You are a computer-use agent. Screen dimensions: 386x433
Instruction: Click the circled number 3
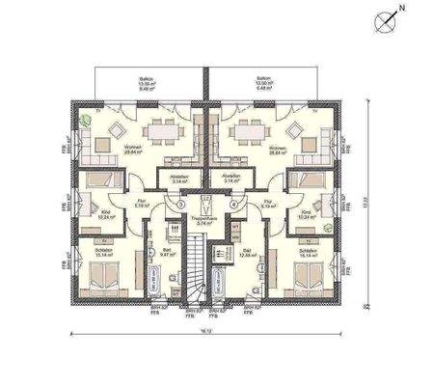(x=179, y=205)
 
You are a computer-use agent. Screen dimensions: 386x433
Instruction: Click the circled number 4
(x=233, y=205)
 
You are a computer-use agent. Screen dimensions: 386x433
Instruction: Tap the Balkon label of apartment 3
(x=148, y=82)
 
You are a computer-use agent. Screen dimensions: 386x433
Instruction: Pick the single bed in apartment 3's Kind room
(x=99, y=179)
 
